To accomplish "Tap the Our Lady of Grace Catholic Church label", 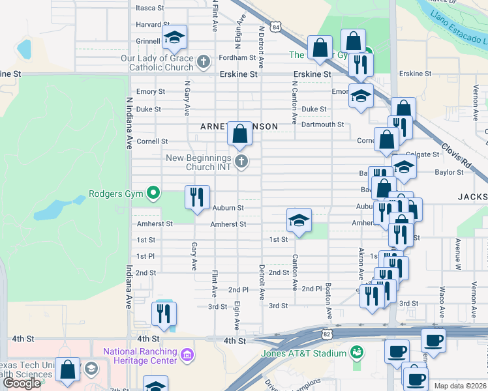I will coord(157,63).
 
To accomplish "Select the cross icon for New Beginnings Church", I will coord(241,162).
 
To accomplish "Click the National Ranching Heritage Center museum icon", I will coord(187,355).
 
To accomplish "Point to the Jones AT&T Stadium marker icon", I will coord(356,353).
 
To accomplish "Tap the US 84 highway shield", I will coord(277,27).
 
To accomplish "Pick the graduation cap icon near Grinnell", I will coord(174,37).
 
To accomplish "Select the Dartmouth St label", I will coord(323,124).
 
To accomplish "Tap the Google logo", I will coord(22,383).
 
